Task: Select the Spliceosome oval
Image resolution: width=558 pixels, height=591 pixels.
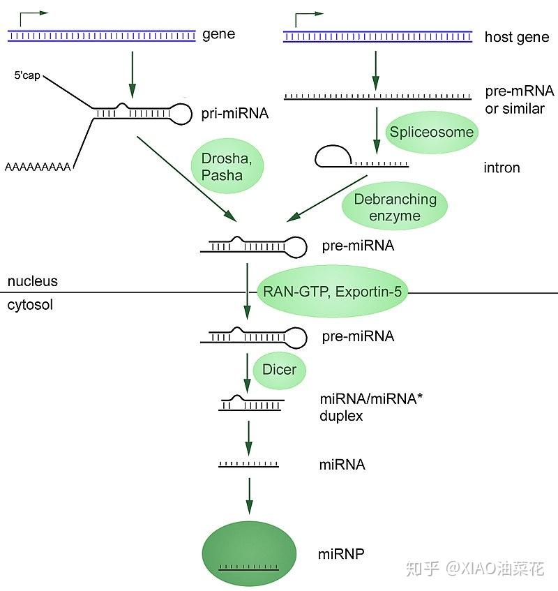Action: coord(432,132)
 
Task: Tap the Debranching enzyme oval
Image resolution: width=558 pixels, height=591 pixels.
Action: coord(395,207)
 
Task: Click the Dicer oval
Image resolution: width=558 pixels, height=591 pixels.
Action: coord(279,370)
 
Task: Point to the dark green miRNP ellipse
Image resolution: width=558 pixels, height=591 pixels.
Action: coord(249,551)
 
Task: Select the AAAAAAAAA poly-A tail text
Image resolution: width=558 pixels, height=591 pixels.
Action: coord(36,167)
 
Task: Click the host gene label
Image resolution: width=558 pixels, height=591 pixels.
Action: coord(516,37)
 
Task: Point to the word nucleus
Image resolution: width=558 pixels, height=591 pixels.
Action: coord(32,282)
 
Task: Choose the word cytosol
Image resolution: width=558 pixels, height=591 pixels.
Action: coord(30,305)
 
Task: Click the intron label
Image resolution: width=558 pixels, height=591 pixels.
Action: coord(502,167)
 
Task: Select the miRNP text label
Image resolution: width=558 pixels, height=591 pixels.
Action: coord(341,554)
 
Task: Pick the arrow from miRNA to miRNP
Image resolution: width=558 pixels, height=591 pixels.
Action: coord(249,496)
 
